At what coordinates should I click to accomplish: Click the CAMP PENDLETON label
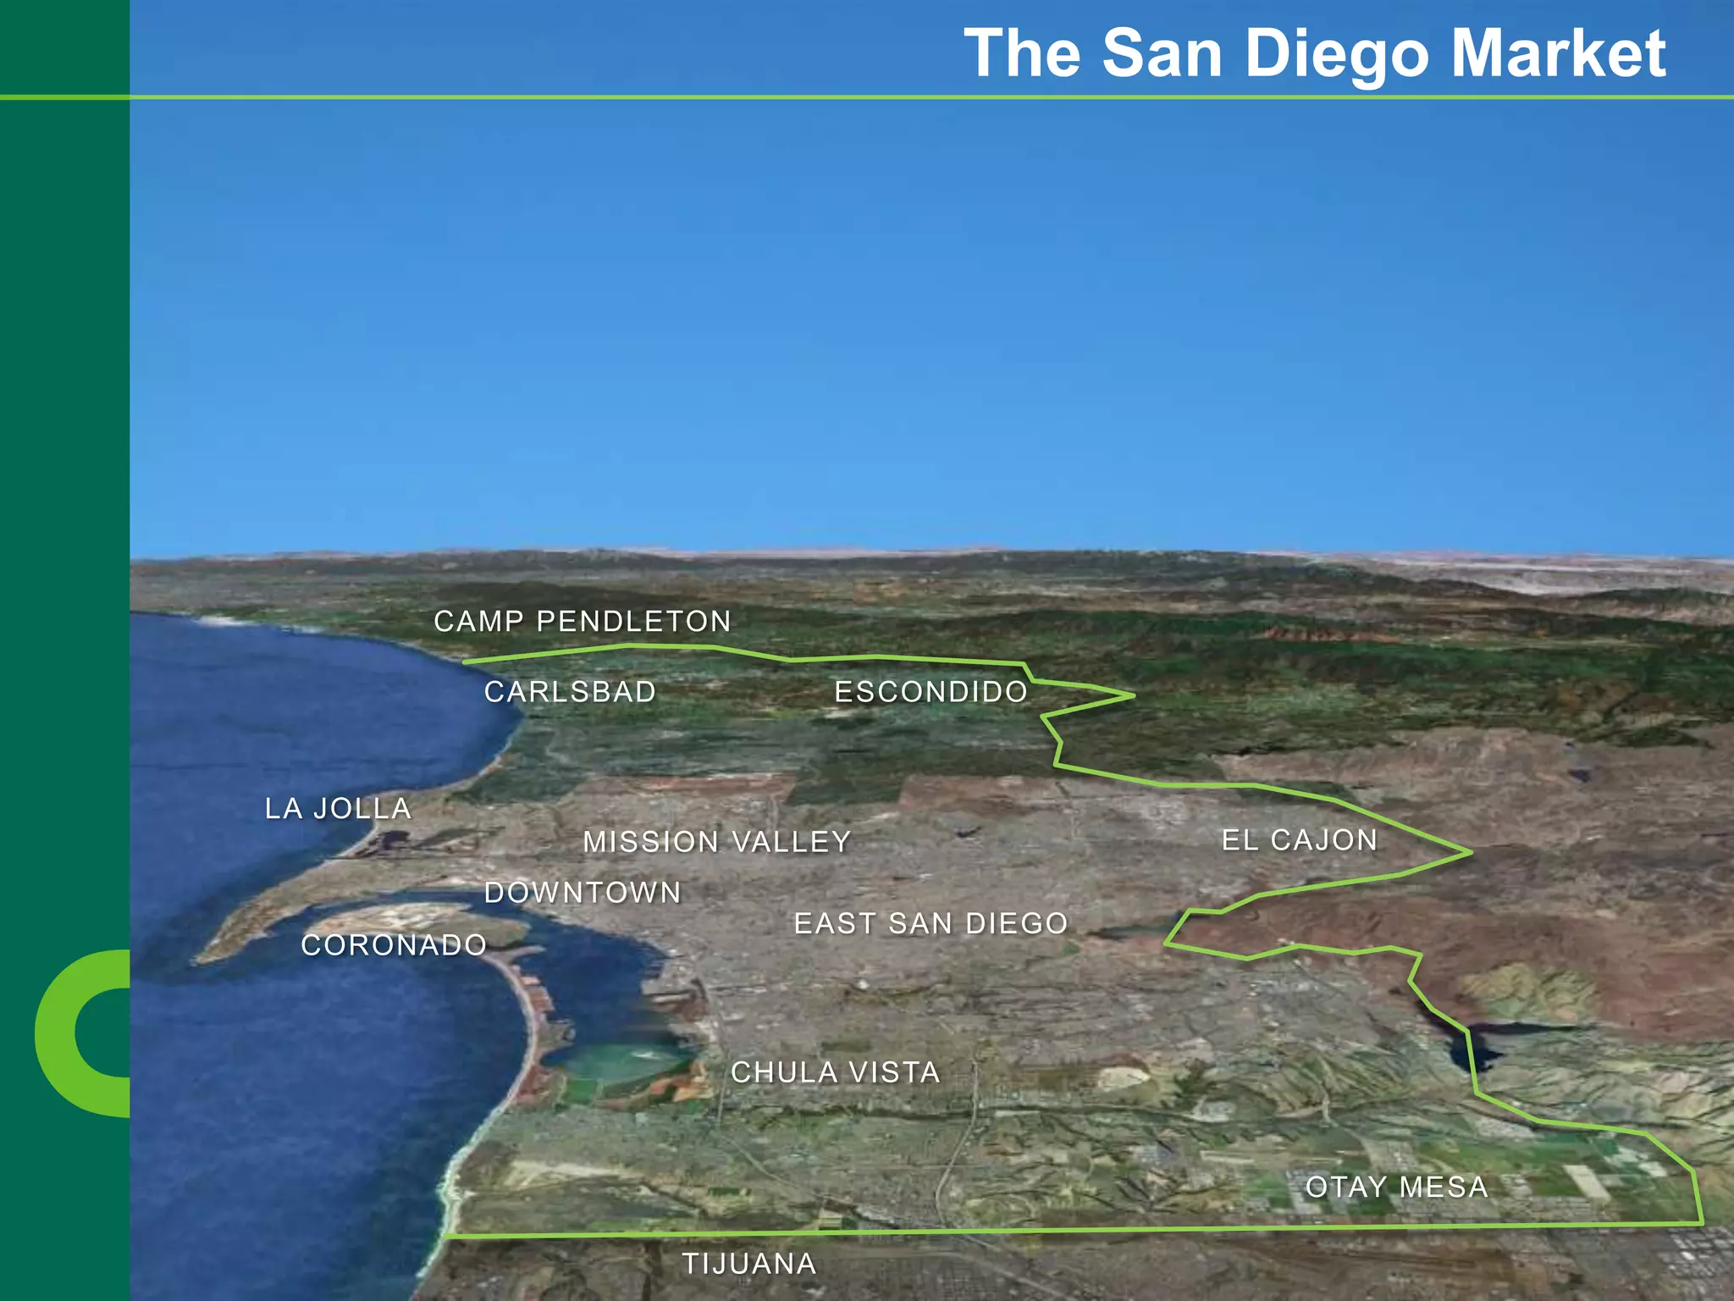tap(582, 622)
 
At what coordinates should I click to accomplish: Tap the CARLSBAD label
tap(570, 692)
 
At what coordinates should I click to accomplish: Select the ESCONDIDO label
tap(931, 692)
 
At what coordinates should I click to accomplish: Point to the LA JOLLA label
tap(338, 809)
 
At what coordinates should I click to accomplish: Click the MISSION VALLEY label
tap(716, 842)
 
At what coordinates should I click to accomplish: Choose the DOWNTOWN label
tap(583, 893)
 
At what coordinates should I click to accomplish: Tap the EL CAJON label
tap(1299, 840)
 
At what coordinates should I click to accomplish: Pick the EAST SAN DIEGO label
tap(931, 923)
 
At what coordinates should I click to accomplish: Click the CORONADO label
tap(394, 945)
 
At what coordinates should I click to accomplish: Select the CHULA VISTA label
tap(835, 1072)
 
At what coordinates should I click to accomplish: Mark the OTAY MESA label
tap(1396, 1188)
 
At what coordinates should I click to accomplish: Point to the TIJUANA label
tap(749, 1264)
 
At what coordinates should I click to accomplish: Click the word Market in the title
tap(1558, 54)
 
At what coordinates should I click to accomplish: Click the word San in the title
tap(1162, 54)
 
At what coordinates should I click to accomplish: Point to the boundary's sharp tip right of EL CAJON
tap(1470, 852)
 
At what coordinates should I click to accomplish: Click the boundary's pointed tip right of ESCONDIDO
tap(1132, 696)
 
